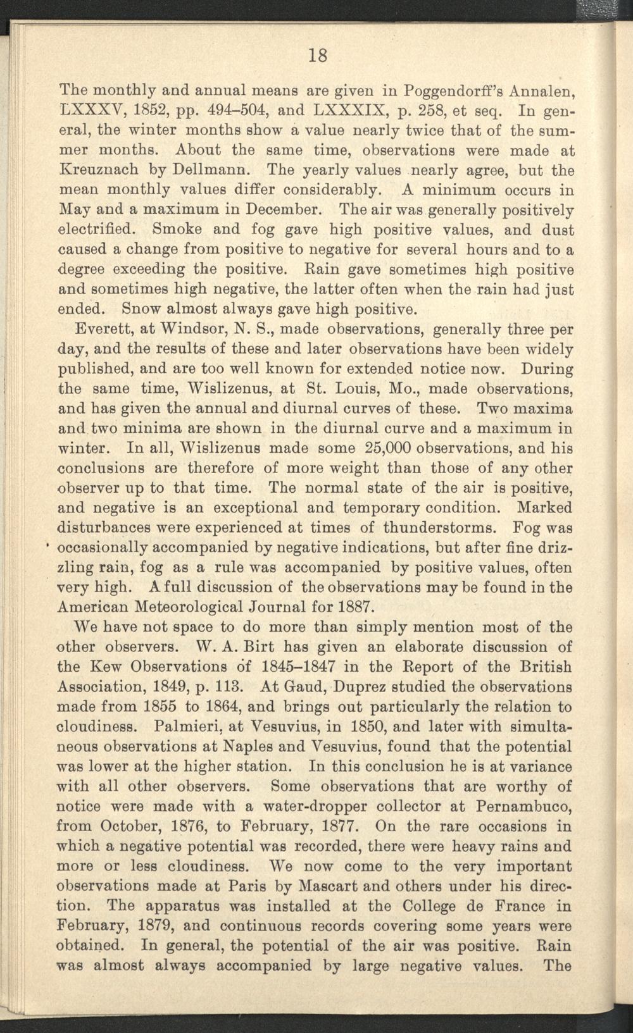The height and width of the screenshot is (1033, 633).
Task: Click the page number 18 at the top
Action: click(x=318, y=55)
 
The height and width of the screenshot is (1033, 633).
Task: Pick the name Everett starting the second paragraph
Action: click(x=104, y=330)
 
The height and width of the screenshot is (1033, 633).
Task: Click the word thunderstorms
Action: click(x=421, y=527)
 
